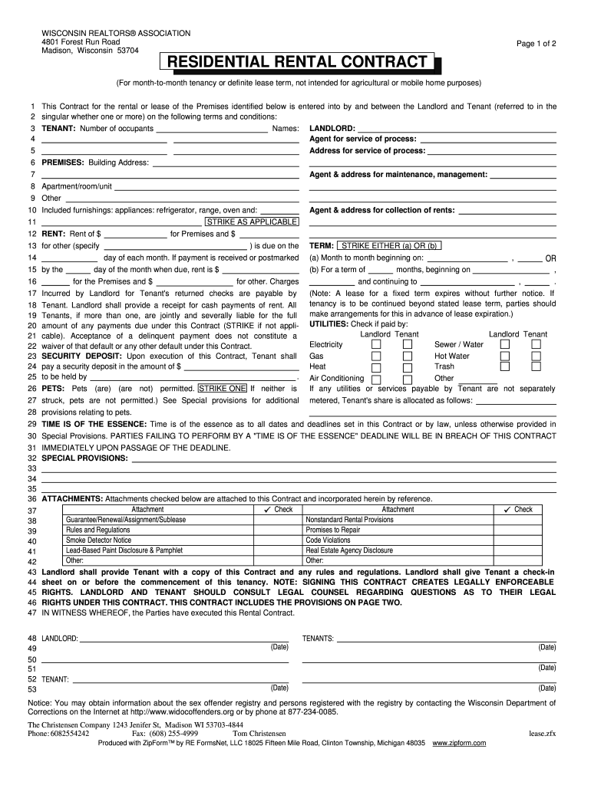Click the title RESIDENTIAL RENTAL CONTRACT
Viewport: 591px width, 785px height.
(295, 61)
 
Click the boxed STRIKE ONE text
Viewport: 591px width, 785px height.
(223, 389)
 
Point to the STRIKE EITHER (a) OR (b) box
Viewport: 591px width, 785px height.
(389, 245)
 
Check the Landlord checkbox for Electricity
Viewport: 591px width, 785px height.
(376, 345)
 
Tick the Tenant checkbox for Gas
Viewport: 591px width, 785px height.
(408, 356)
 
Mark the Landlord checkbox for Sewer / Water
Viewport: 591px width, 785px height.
(505, 345)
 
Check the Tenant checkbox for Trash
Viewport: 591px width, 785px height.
(537, 366)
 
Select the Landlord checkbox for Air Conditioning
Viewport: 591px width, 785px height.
(376, 379)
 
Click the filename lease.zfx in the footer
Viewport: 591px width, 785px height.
(542, 733)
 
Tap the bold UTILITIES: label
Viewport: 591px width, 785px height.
(329, 324)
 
